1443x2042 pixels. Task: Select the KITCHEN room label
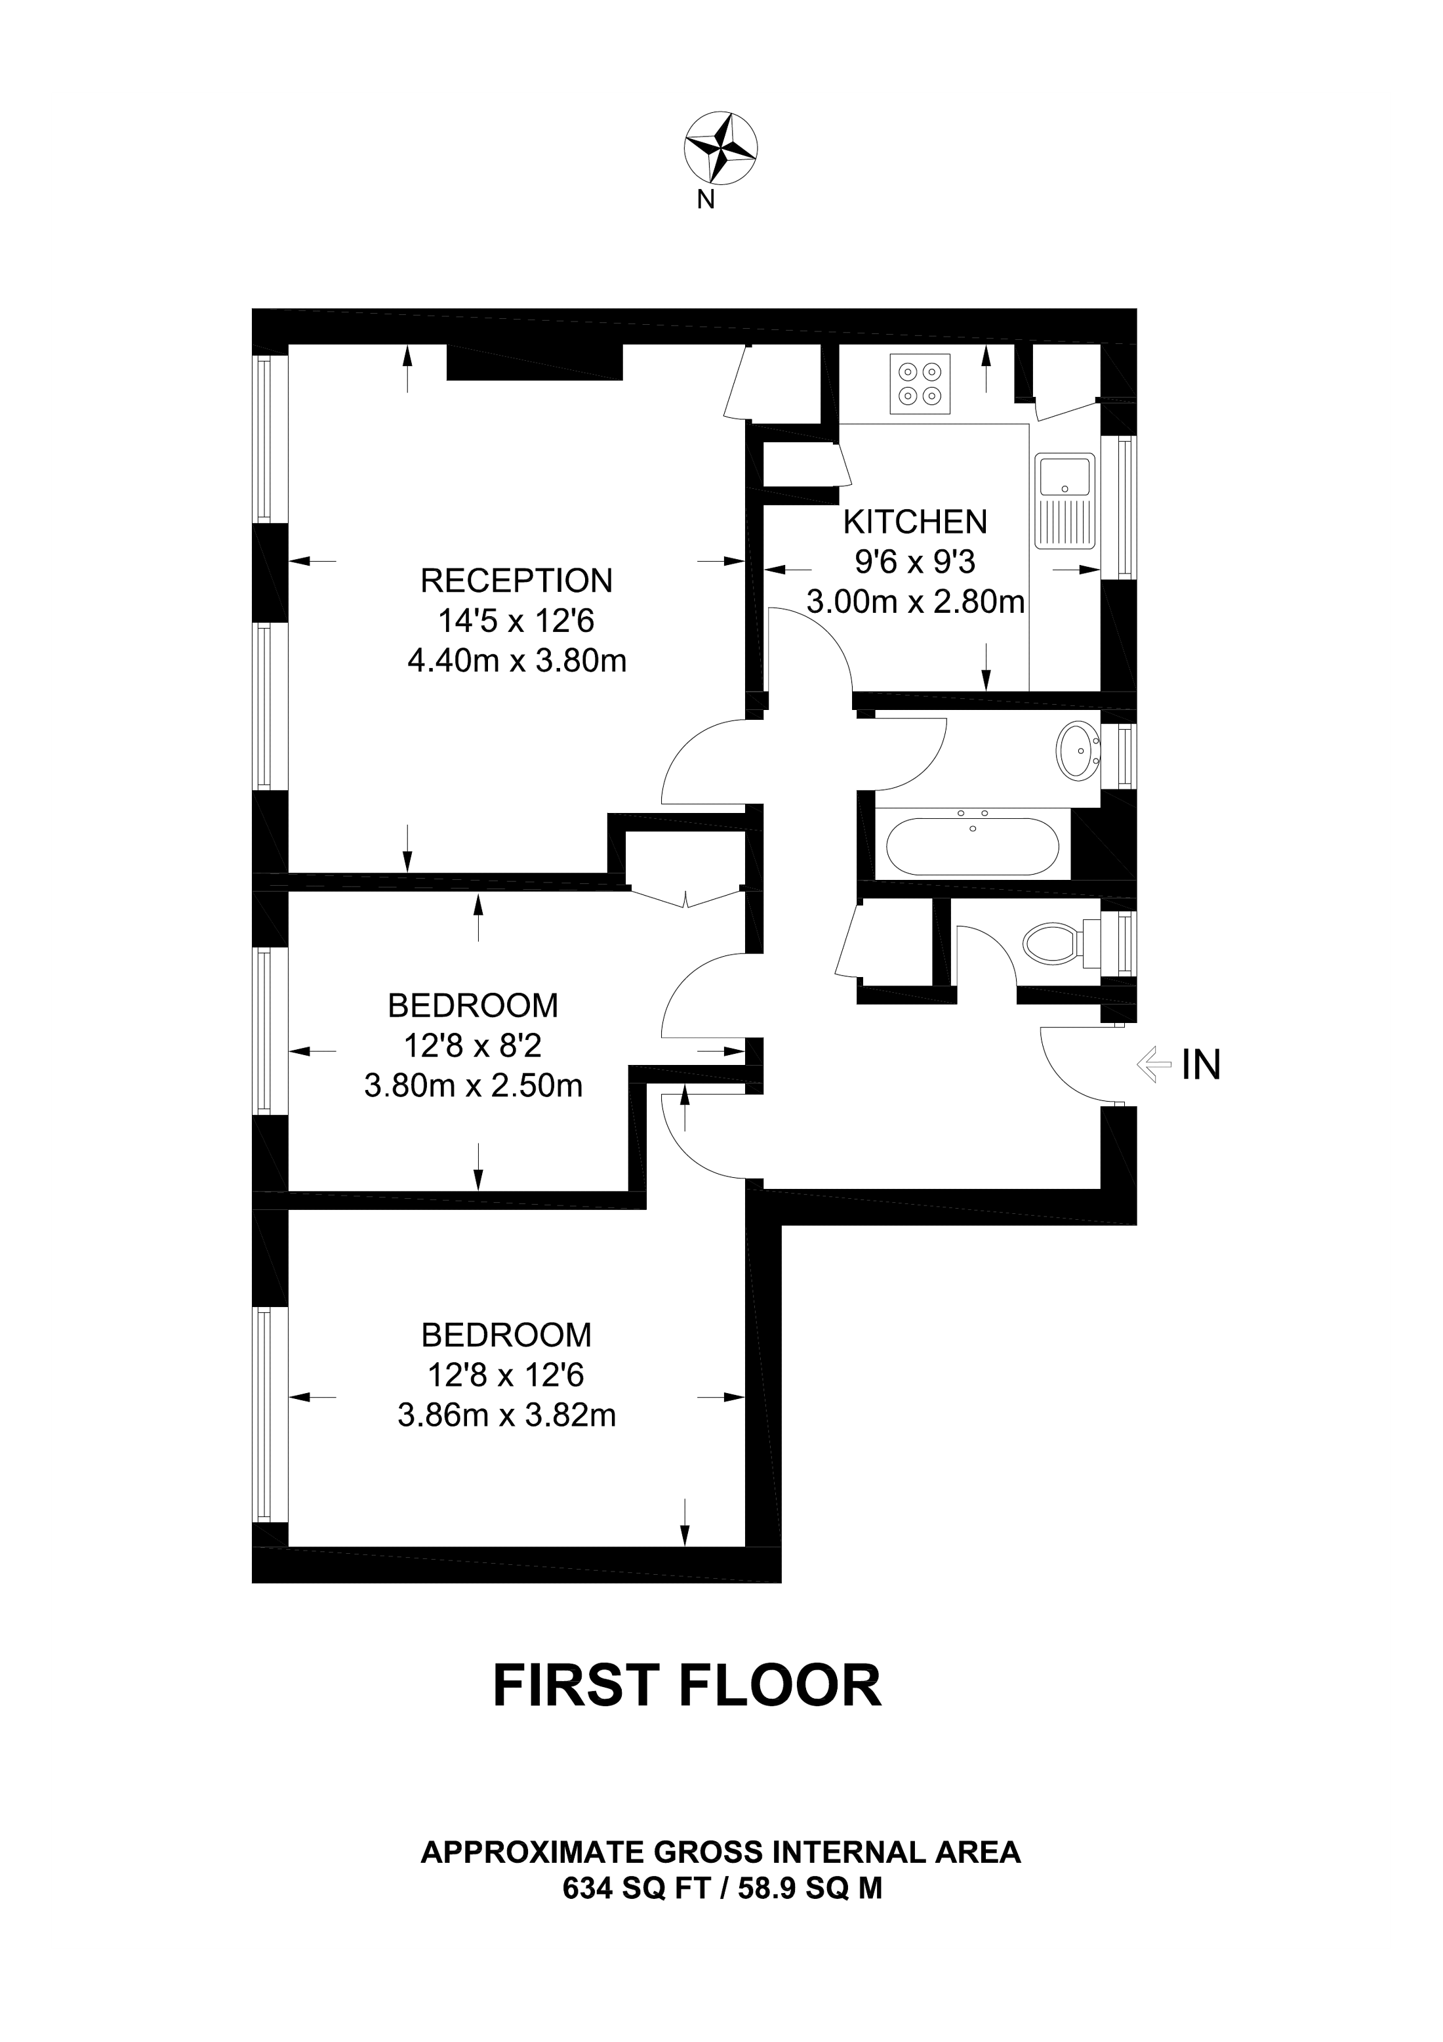(x=915, y=521)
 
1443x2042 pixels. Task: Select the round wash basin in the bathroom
(x=1078, y=751)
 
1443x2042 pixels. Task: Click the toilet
(x=1055, y=942)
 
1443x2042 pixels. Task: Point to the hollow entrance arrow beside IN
(x=1153, y=1064)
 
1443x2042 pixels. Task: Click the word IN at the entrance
(x=1200, y=1064)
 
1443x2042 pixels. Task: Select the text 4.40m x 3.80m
(x=517, y=661)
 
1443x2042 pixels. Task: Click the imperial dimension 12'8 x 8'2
(x=472, y=1046)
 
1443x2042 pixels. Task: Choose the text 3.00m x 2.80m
(x=915, y=602)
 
